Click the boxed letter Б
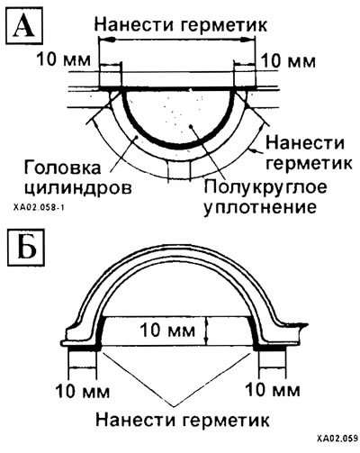click(26, 249)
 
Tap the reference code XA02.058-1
click(39, 207)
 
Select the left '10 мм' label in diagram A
click(63, 59)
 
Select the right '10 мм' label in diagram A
click(289, 61)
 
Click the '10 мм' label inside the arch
click(167, 331)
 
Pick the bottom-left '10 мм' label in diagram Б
click(83, 391)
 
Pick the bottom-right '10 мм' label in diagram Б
click(273, 390)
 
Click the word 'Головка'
click(62, 168)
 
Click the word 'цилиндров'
click(78, 189)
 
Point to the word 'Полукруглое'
click(265, 188)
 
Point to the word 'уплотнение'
click(260, 208)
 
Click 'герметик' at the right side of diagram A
click(310, 164)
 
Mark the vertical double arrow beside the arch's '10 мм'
click(206, 331)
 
